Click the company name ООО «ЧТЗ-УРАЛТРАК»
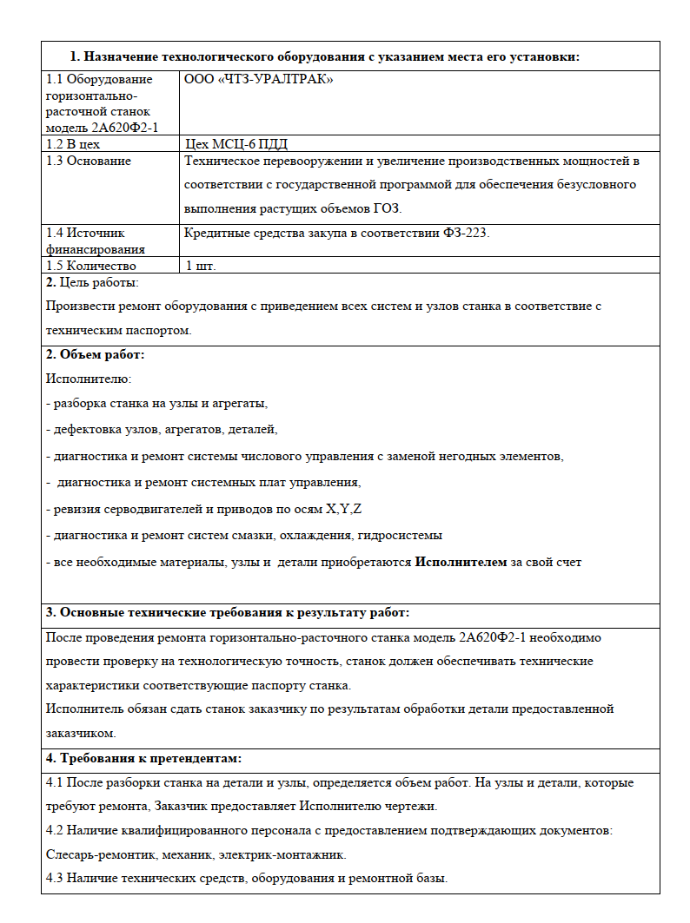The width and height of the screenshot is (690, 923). coord(259,79)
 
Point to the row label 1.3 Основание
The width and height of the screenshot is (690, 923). coord(89,161)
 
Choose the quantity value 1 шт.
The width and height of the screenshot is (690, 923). coord(201,266)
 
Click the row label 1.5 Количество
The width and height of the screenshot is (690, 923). coord(90,266)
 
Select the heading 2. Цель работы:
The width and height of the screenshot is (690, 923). coord(92,282)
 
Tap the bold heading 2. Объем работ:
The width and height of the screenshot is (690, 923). coord(95,354)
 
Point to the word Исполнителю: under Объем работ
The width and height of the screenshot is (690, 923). coord(88,379)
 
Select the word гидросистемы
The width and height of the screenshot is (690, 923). coord(400,535)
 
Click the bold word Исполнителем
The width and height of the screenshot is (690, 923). coord(461,562)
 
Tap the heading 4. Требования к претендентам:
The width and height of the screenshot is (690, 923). coord(143,758)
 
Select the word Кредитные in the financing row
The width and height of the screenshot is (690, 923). coord(213,233)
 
